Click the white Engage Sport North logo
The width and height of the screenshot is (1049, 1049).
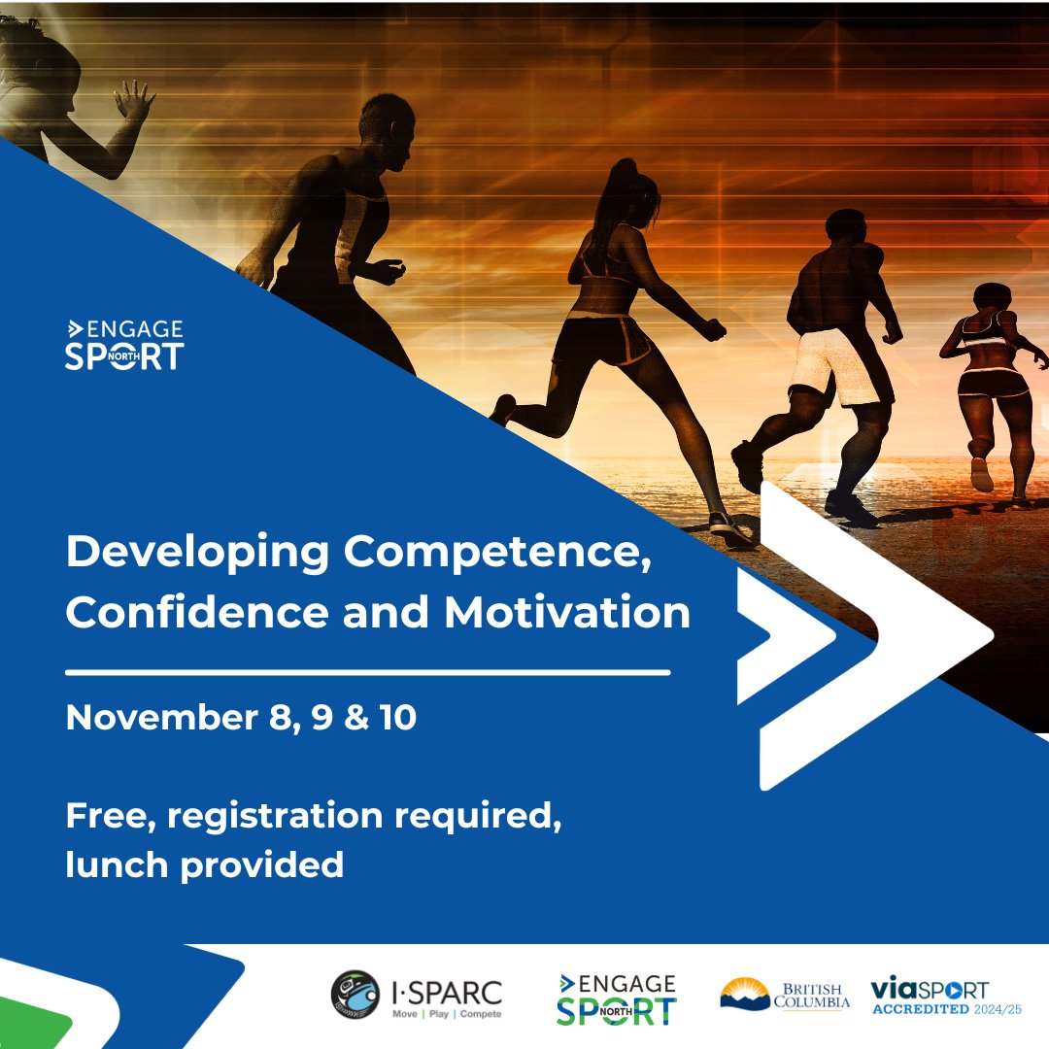pyautogui.click(x=123, y=346)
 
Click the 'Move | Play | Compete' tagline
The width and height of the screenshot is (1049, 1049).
pyautogui.click(x=446, y=1014)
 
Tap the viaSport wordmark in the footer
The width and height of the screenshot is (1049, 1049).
pyautogui.click(x=930, y=990)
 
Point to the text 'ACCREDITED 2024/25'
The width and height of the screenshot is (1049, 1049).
pyautogui.click(x=945, y=1010)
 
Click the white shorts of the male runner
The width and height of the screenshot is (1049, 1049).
pyautogui.click(x=830, y=366)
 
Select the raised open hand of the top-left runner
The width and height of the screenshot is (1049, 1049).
pyautogui.click(x=135, y=100)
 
